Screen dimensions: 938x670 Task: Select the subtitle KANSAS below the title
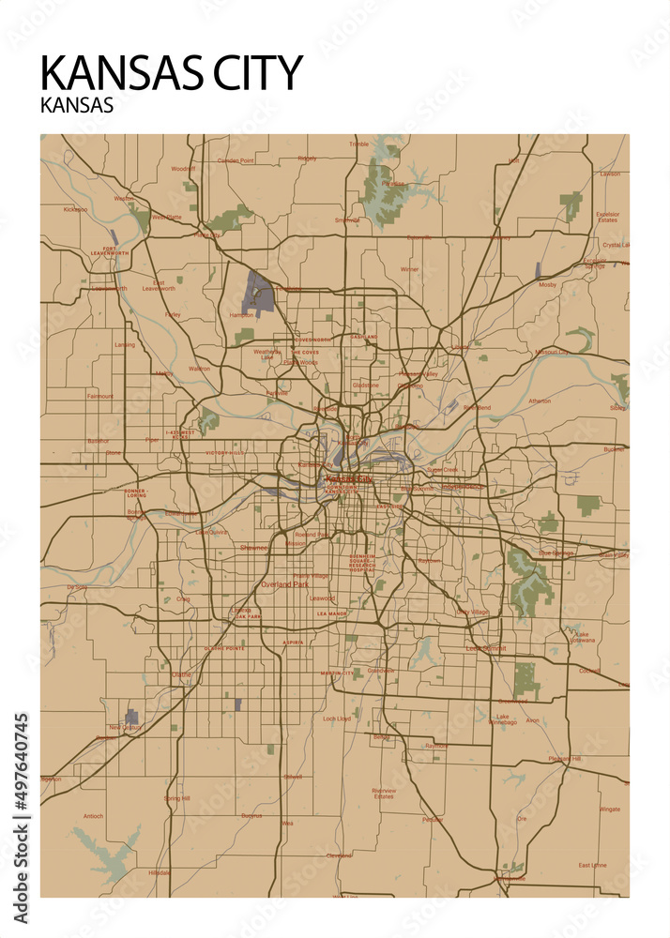(x=77, y=105)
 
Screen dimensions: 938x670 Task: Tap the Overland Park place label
(x=284, y=583)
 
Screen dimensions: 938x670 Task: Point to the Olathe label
(x=181, y=673)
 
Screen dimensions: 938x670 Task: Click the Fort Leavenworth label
(x=110, y=252)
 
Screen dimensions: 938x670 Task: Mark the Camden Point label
(x=236, y=160)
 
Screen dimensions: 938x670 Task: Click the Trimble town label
(x=359, y=144)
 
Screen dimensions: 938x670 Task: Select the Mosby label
(x=548, y=284)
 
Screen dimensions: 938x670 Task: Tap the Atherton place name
(x=540, y=401)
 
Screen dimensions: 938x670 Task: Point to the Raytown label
(x=429, y=561)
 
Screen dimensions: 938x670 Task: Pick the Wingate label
(x=610, y=808)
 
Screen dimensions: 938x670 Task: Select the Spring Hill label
(x=176, y=798)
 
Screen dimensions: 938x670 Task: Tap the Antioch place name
(x=93, y=816)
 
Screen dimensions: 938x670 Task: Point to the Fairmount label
(x=99, y=396)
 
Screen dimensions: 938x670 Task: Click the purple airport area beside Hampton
(x=258, y=294)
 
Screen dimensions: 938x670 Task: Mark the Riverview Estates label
(x=384, y=793)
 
